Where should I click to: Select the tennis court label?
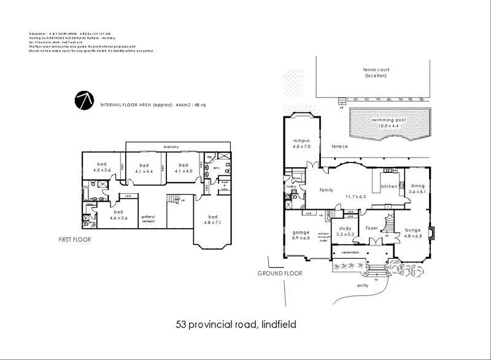376,72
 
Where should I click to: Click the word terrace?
339,147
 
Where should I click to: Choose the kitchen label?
389,186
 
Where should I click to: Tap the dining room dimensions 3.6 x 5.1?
417,191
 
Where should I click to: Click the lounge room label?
412,231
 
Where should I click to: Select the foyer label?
372,228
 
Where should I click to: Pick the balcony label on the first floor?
171,147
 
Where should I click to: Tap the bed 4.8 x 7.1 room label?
213,219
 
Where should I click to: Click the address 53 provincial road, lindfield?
236,324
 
